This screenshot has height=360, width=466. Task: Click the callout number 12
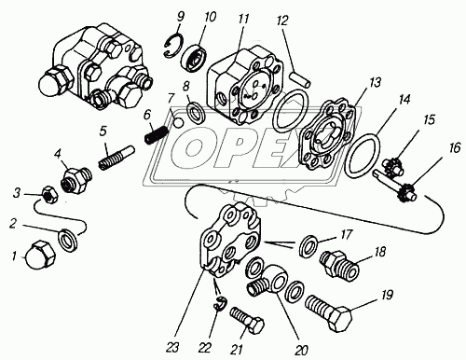click(283, 21)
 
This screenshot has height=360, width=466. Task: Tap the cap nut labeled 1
click(40, 255)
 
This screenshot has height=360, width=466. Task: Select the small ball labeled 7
click(179, 123)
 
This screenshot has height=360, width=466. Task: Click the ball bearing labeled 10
click(195, 56)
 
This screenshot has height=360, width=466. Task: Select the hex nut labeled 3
click(49, 195)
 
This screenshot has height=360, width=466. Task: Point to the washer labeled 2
click(68, 240)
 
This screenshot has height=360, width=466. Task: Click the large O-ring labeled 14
click(363, 155)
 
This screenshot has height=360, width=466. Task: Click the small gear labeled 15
click(393, 167)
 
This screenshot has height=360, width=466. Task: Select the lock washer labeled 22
click(222, 303)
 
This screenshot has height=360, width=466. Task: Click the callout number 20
click(301, 350)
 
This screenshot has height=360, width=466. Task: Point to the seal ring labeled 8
click(196, 112)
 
